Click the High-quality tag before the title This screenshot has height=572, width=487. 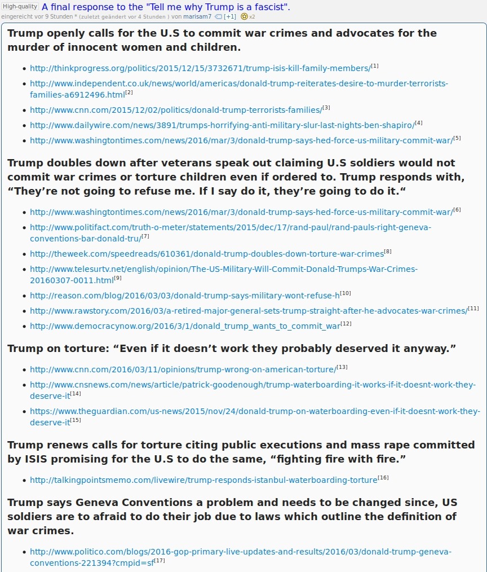(x=20, y=6)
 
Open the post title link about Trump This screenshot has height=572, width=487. (x=166, y=7)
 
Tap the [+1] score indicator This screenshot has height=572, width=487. (x=229, y=16)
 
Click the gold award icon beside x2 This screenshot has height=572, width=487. (x=244, y=16)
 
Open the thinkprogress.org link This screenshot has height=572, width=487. (x=200, y=68)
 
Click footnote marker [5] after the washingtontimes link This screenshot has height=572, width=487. (x=457, y=138)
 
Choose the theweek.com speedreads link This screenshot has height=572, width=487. (x=206, y=253)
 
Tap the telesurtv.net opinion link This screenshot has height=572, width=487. (x=223, y=269)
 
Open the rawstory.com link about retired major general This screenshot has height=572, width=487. (x=248, y=310)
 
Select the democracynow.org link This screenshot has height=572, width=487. (x=185, y=325)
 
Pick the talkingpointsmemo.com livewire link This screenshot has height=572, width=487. (x=203, y=480)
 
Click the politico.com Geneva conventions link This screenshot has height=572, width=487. (x=240, y=551)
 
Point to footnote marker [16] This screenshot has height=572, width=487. (x=383, y=478)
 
